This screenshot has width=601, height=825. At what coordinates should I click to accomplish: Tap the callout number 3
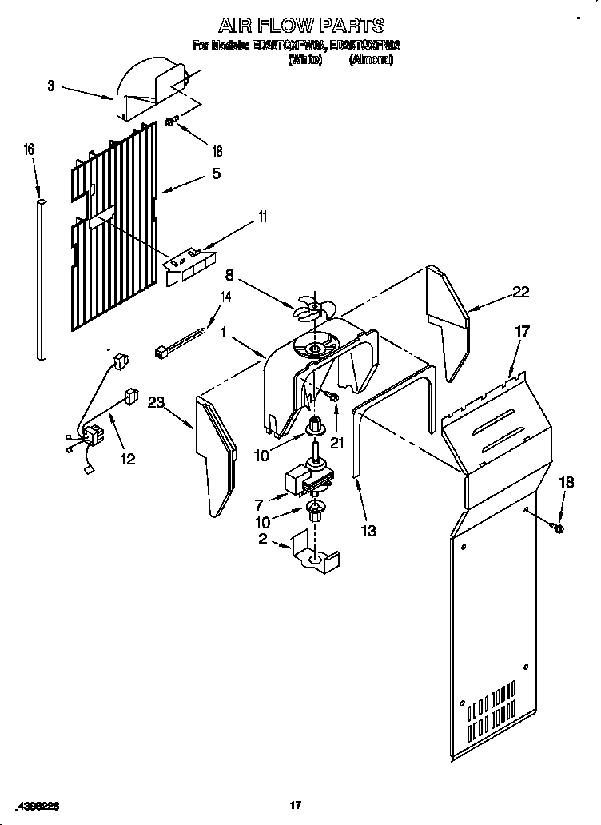point(50,86)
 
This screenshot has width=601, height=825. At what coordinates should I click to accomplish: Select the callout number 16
point(29,149)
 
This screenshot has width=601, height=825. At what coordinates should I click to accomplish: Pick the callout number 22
point(520,292)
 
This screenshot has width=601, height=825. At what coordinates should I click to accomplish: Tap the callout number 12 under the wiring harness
point(127,459)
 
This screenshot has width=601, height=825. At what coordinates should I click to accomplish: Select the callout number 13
point(368,530)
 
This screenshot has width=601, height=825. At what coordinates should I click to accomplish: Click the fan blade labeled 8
point(312,309)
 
